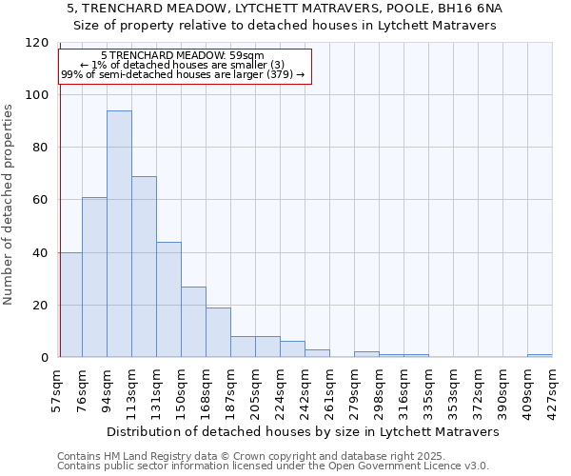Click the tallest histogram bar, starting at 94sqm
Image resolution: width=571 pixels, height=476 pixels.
pyautogui.click(x=119, y=234)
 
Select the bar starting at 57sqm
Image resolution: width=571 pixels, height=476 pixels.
pyautogui.click(x=70, y=305)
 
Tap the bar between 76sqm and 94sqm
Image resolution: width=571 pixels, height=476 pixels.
pyautogui.click(x=94, y=277)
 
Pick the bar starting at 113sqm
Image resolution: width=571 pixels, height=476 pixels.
pyautogui.click(x=144, y=267)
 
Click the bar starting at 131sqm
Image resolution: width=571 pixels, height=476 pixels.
pyautogui.click(x=168, y=300)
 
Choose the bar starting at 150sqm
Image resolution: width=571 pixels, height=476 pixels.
pyautogui.click(x=193, y=322)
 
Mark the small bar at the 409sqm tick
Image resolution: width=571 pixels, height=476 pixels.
pyautogui.click(x=540, y=356)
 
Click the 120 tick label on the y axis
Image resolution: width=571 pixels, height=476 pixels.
pyautogui.click(x=37, y=43)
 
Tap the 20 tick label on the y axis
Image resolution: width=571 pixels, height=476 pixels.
pyautogui.click(x=41, y=306)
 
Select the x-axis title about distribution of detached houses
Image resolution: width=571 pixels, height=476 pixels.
pyautogui.click(x=303, y=432)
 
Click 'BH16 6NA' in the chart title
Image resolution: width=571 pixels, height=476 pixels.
pyautogui.click(x=470, y=8)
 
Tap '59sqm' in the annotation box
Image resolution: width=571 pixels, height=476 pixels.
pyautogui.click(x=246, y=56)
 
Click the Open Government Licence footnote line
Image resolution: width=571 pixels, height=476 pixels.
pyautogui.click(x=273, y=466)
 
